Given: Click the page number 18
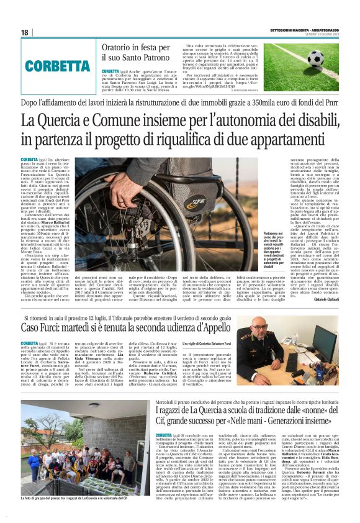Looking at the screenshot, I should point(24,32).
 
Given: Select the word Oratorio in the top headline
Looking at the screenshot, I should point(119,47).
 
